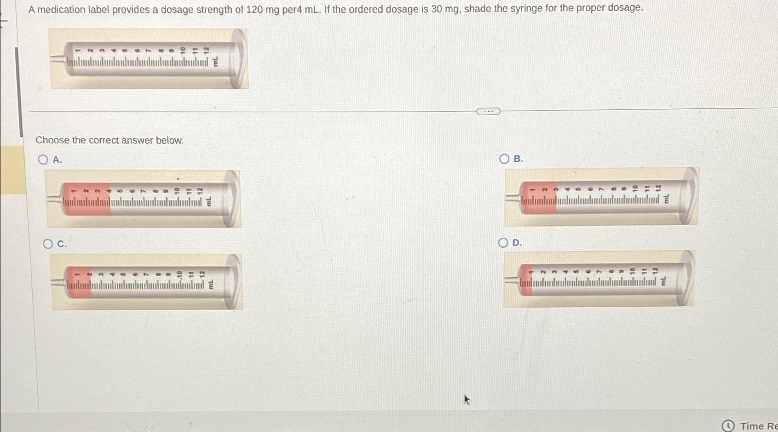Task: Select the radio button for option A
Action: (43, 160)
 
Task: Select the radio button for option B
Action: (504, 159)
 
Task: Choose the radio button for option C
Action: (48, 244)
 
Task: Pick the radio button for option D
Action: (503, 243)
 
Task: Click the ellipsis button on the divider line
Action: (488, 111)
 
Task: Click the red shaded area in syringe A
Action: (86, 199)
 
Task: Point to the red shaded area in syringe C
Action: (79, 283)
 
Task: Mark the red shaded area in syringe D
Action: (526, 280)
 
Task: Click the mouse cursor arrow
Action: (467, 399)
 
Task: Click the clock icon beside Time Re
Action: (728, 426)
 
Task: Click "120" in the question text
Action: (254, 9)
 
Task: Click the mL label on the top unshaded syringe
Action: (215, 62)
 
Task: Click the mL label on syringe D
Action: (663, 281)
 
